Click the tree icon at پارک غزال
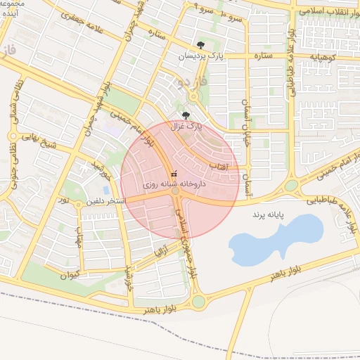click(186, 115)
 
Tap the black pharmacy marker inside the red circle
click(174, 172)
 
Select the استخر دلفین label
click(105, 201)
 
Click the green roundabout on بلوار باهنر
click(198, 302)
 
